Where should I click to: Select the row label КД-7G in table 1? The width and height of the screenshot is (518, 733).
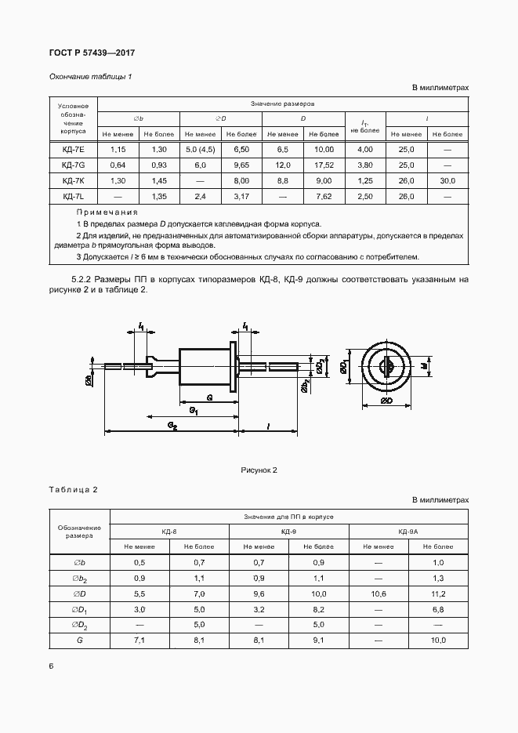[x=73, y=165]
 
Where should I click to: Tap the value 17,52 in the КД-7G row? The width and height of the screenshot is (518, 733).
[x=323, y=165]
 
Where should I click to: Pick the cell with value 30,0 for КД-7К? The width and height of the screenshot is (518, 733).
[x=447, y=180]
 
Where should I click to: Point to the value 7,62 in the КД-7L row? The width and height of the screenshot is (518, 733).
[x=323, y=196]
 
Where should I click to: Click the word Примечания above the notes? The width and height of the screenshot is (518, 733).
[x=107, y=212]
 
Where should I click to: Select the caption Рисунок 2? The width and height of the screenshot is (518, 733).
[x=259, y=470]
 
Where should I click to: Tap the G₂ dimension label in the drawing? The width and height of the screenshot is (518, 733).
[x=172, y=424]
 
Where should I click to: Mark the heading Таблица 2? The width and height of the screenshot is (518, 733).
[x=73, y=490]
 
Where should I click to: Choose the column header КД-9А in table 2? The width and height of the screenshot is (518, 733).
[x=408, y=532]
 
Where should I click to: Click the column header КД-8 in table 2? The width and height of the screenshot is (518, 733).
[x=169, y=532]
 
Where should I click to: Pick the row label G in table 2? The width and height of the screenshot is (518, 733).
[x=79, y=640]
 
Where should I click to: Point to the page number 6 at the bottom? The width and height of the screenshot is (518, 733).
[x=51, y=666]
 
